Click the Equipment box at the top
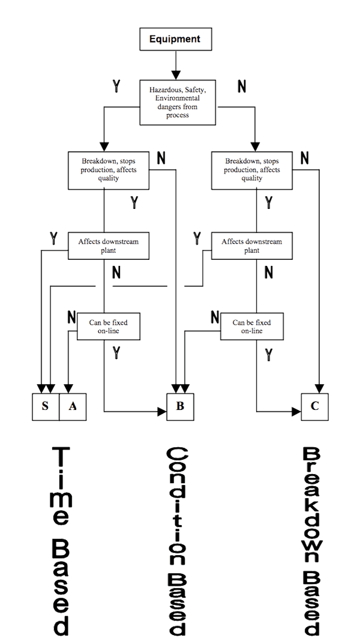[175, 40]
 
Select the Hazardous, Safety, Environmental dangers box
[178, 102]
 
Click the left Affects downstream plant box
[108, 245]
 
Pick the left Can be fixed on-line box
[108, 327]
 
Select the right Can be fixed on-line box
[256, 327]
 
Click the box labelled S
[45, 406]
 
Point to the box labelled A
[73, 406]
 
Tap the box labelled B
[180, 406]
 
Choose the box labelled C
[314, 406]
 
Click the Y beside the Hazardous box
[116, 86]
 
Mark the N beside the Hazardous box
[242, 86]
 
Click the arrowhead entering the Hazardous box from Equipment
[175, 75]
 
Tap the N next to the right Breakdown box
[304, 158]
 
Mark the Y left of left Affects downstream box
[54, 239]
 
